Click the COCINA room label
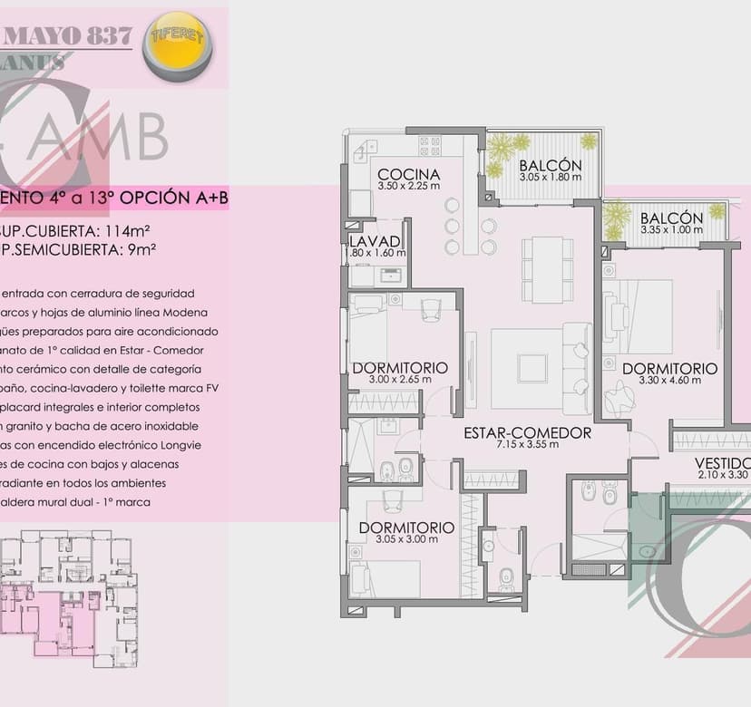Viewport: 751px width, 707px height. [408, 174]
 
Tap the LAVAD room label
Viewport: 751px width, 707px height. [374, 241]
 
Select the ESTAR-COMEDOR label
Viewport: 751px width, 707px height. [527, 432]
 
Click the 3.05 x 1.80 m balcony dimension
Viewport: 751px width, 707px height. [550, 178]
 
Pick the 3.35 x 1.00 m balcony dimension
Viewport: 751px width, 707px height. [671, 230]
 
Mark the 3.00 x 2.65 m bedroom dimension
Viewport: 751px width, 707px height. [399, 380]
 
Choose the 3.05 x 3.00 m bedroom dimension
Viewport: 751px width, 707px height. [406, 539]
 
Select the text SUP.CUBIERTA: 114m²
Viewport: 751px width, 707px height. [62, 231]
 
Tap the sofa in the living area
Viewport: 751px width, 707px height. [577, 367]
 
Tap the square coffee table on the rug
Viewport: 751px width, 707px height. [531, 367]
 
